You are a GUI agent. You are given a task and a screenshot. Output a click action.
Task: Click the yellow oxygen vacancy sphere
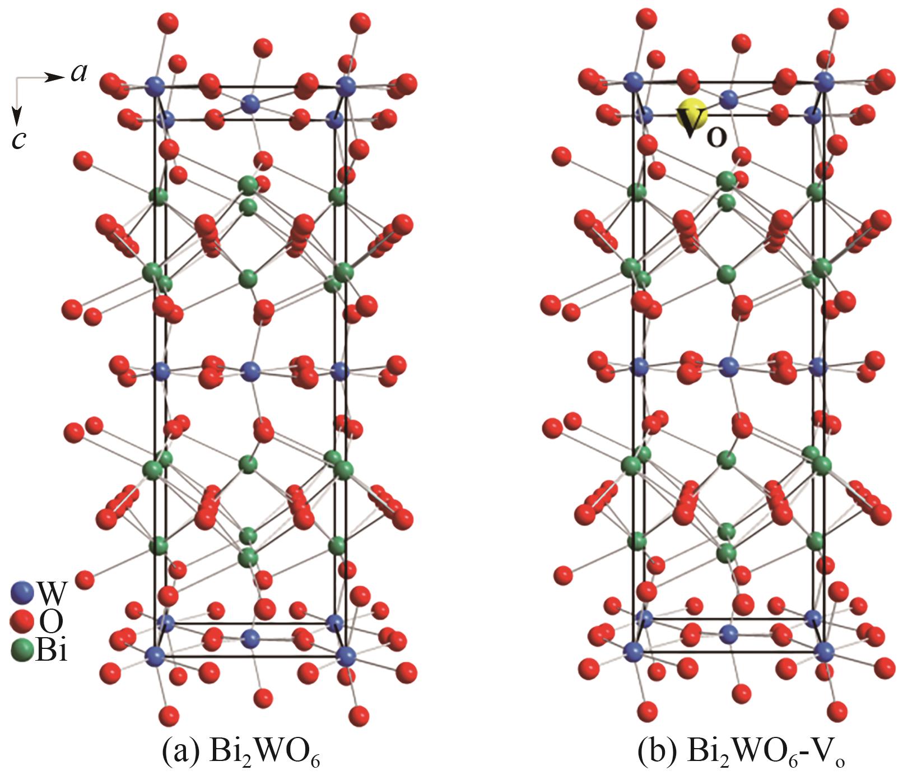tap(691, 114)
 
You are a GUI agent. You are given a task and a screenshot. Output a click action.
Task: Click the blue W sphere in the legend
tap(22, 592)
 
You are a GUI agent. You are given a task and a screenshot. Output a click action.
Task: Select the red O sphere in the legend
tap(22, 621)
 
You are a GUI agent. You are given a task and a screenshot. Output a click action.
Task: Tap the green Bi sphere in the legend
tap(22, 651)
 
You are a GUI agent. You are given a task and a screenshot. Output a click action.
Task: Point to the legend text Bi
tap(51, 651)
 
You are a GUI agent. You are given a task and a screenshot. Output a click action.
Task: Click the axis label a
tap(79, 73)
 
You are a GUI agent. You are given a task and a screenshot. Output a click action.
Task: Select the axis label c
tap(19, 140)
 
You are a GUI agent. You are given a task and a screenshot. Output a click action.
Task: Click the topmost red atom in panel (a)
tap(168, 24)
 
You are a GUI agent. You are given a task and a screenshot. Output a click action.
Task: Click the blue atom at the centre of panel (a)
tap(250, 370)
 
